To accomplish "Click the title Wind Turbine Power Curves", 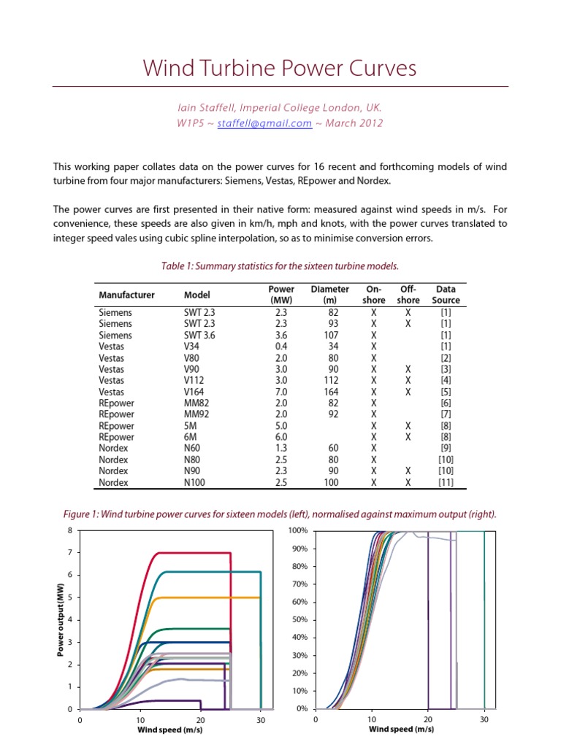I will [280, 69].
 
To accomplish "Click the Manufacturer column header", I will [126, 295].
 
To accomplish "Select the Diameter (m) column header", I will [329, 294].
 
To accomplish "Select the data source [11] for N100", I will [446, 482].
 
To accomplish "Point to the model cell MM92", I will [196, 414].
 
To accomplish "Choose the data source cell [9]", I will [446, 448].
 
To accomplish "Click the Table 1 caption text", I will [280, 266].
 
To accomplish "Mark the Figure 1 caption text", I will [280, 514].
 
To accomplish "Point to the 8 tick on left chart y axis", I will [69, 530].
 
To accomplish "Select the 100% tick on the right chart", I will [298, 530].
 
